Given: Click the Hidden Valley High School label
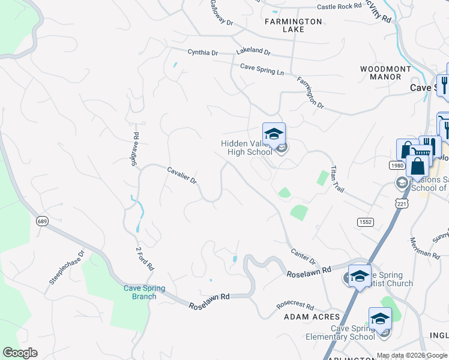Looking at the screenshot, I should [x=246, y=148].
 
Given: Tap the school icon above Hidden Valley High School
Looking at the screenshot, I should [x=274, y=134].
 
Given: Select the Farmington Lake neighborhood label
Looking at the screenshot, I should [x=294, y=22].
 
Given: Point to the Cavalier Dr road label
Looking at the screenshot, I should [x=182, y=176].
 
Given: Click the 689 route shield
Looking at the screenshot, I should [x=41, y=221].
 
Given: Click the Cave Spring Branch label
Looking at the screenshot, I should [x=140, y=292].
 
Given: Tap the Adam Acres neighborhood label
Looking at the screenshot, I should [x=312, y=317].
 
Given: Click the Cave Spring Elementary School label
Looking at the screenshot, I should [x=353, y=332].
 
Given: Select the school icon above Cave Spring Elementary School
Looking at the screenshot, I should [x=380, y=319].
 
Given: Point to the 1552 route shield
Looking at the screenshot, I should [x=365, y=222].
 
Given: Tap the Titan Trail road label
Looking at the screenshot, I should [x=337, y=179].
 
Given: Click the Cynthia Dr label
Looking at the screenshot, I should [x=202, y=53].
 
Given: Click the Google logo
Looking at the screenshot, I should [x=20, y=353].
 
